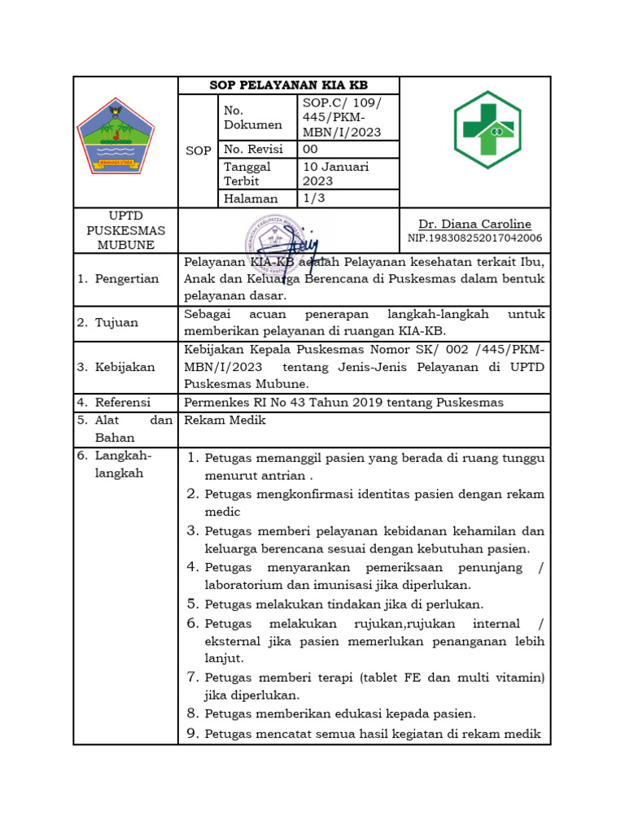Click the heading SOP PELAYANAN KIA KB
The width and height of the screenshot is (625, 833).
coord(289,85)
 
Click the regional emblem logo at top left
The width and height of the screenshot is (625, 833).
coord(115,137)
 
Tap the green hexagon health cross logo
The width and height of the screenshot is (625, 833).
coord(487,129)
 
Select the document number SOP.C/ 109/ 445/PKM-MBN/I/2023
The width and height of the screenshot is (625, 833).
coord(340,117)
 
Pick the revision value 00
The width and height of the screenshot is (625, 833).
coord(311,150)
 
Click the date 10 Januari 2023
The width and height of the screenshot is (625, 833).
coord(336,173)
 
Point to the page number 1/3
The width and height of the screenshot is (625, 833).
coord(314,198)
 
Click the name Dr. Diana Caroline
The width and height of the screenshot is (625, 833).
coord(474,224)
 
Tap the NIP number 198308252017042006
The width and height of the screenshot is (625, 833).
coord(474,238)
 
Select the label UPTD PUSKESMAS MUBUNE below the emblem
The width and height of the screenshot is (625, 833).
coord(125,229)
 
